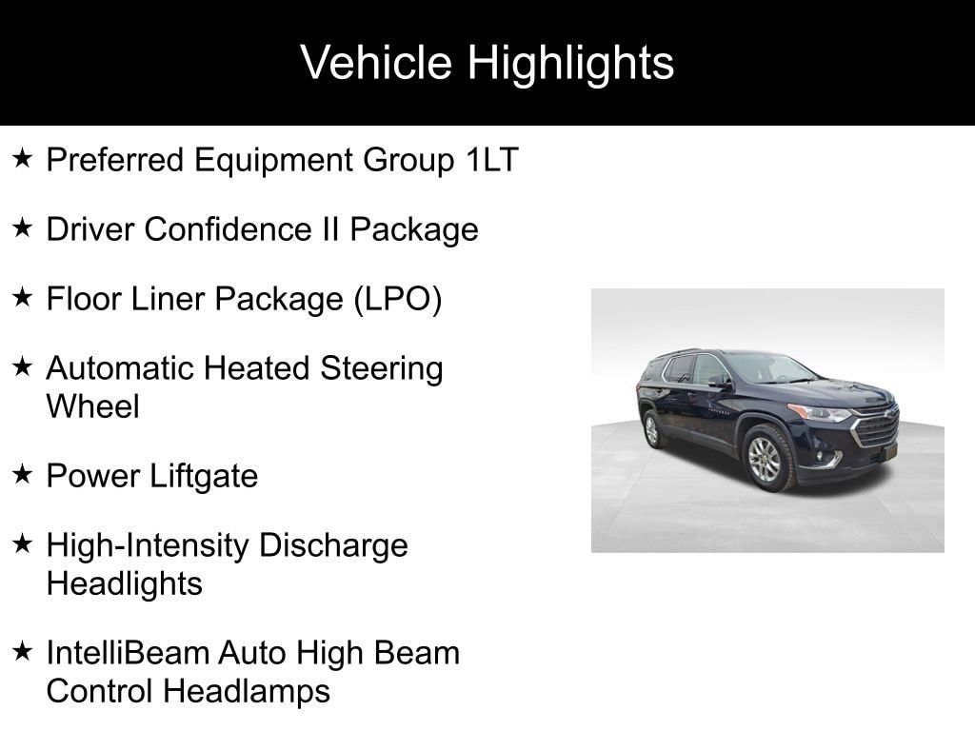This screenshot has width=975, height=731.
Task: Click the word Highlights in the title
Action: pos(570,63)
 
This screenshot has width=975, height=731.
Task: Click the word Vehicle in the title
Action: pos(377,63)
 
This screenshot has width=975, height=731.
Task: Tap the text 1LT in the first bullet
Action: pos(491,160)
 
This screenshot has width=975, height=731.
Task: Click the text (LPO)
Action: pos(398,299)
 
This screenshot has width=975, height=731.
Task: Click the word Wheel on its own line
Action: pos(92,406)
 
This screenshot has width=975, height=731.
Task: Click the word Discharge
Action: pos(333,545)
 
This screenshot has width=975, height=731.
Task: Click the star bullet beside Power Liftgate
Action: pos(23,475)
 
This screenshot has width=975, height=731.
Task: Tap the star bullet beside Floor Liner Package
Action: pos(23,298)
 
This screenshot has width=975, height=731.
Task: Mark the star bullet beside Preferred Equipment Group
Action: pos(23,159)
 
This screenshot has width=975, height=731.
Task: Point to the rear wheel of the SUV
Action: pos(653,429)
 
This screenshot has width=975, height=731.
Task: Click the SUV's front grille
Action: pos(875,428)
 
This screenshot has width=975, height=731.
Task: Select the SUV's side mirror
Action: pos(721,382)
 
